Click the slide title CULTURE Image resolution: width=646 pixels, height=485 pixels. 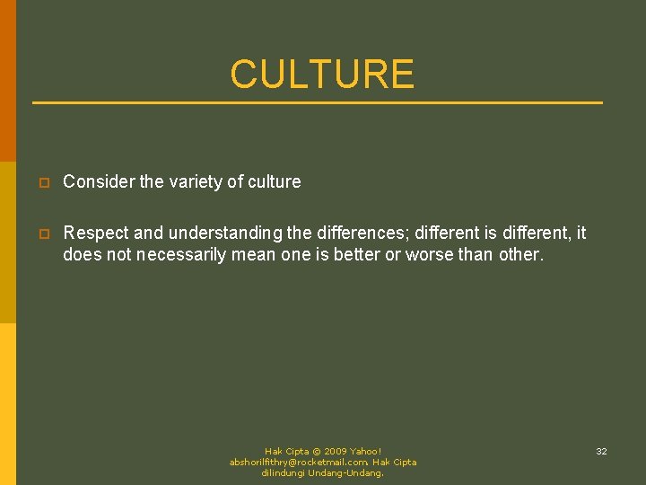coord(322,75)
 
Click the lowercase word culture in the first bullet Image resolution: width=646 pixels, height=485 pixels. coord(275,181)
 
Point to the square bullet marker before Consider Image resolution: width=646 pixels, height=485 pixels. coord(41,182)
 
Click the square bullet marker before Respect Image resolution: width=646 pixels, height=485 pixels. coord(41,234)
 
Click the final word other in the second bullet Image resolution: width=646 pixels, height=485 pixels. coord(521,254)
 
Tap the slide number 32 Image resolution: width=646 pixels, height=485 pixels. coord(601,451)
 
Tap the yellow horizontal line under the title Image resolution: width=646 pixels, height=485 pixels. coord(318,102)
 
